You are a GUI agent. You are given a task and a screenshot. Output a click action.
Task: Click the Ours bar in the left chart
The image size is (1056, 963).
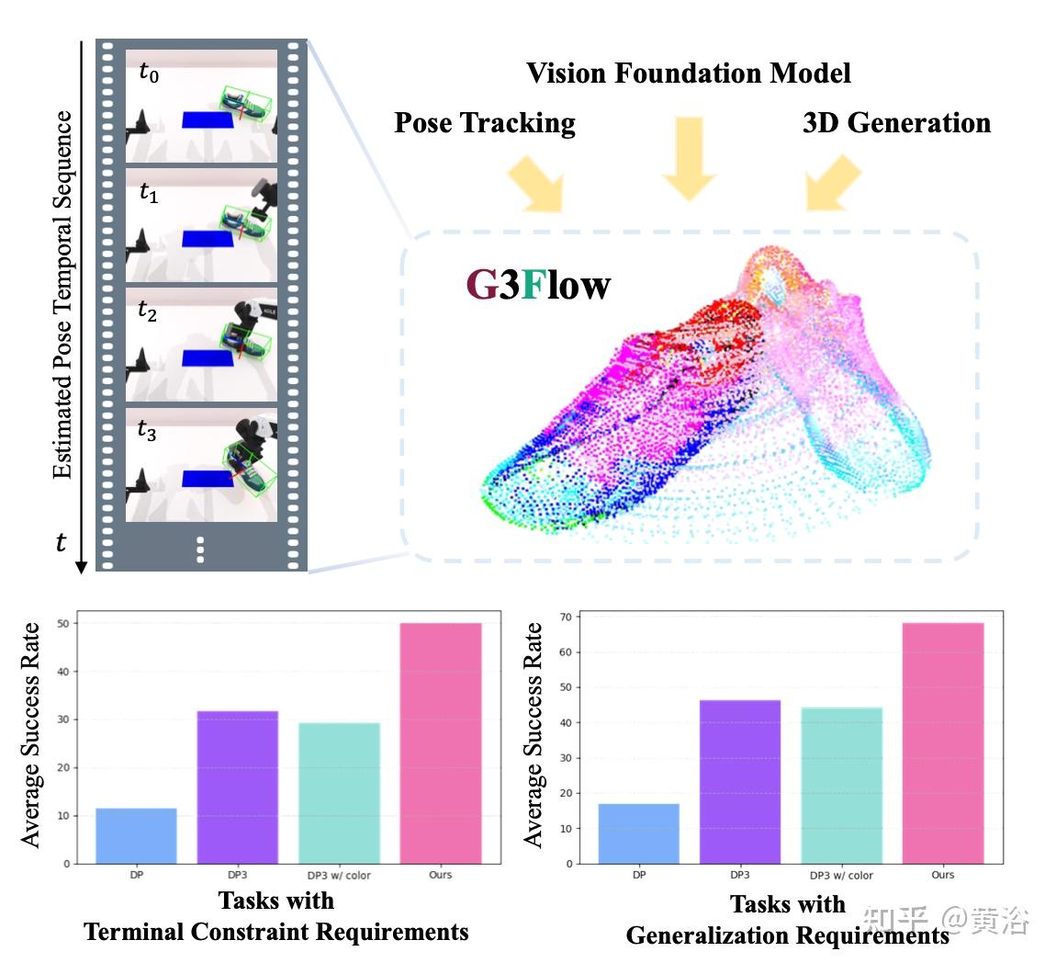pos(441,743)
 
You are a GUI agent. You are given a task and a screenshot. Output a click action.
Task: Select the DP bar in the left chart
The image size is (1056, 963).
pos(136,835)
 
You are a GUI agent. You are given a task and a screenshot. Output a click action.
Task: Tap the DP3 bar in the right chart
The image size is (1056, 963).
pos(740,782)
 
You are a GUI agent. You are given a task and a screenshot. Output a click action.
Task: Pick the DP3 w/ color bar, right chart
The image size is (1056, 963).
pos(841,786)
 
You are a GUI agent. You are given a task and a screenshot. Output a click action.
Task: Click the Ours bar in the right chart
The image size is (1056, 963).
pos(943,743)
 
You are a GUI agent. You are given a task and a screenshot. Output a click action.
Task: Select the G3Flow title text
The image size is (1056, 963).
pos(538,285)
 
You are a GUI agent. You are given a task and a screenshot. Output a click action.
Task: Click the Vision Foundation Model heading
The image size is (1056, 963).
pos(689,74)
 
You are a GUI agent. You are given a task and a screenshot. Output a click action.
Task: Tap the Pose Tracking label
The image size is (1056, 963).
pos(485,123)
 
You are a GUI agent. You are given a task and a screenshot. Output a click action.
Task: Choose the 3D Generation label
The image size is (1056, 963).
pos(896,123)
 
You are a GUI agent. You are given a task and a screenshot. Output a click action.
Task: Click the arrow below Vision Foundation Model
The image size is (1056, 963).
pos(689,158)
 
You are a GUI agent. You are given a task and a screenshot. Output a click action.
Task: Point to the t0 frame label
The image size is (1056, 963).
pos(149,74)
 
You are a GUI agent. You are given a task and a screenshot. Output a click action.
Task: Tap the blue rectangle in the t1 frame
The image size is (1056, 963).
pos(201,239)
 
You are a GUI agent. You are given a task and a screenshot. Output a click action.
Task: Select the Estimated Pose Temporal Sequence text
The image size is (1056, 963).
pos(62,295)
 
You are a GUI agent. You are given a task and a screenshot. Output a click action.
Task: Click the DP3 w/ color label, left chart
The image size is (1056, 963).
pos(339,876)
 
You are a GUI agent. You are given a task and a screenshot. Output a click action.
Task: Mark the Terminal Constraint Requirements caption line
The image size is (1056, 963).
pos(276,932)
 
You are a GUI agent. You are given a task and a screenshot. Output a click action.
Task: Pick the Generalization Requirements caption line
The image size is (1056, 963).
pos(787,935)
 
